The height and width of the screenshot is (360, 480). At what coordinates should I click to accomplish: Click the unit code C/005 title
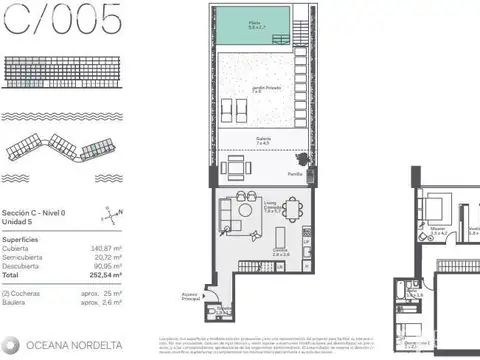[x=61, y=19]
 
